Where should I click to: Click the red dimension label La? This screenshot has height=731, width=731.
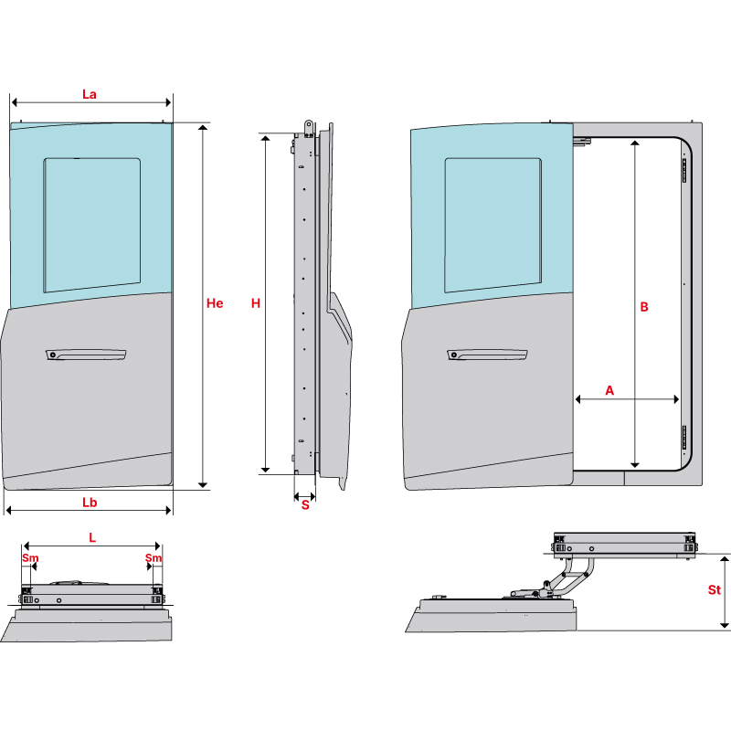[x=90, y=93]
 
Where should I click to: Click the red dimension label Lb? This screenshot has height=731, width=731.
[x=90, y=502]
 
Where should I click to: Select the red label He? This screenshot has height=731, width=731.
[x=215, y=303]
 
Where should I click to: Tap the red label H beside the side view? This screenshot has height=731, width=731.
[x=256, y=303]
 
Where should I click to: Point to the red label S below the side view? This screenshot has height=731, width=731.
[x=305, y=505]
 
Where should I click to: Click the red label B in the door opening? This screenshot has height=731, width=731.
[x=644, y=308]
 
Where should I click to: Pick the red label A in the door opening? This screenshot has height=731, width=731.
[x=609, y=390]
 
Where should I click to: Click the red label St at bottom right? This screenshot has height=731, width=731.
[x=715, y=590]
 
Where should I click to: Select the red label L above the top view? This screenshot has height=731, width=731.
[x=92, y=538]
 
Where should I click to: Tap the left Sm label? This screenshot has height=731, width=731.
[x=30, y=557]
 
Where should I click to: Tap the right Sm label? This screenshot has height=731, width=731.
[x=154, y=557]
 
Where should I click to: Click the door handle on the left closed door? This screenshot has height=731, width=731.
[x=87, y=354]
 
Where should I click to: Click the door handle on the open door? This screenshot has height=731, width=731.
[x=488, y=355]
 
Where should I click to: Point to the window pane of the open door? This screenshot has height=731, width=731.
[x=493, y=224]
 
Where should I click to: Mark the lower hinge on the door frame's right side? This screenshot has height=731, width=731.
[x=683, y=439]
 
